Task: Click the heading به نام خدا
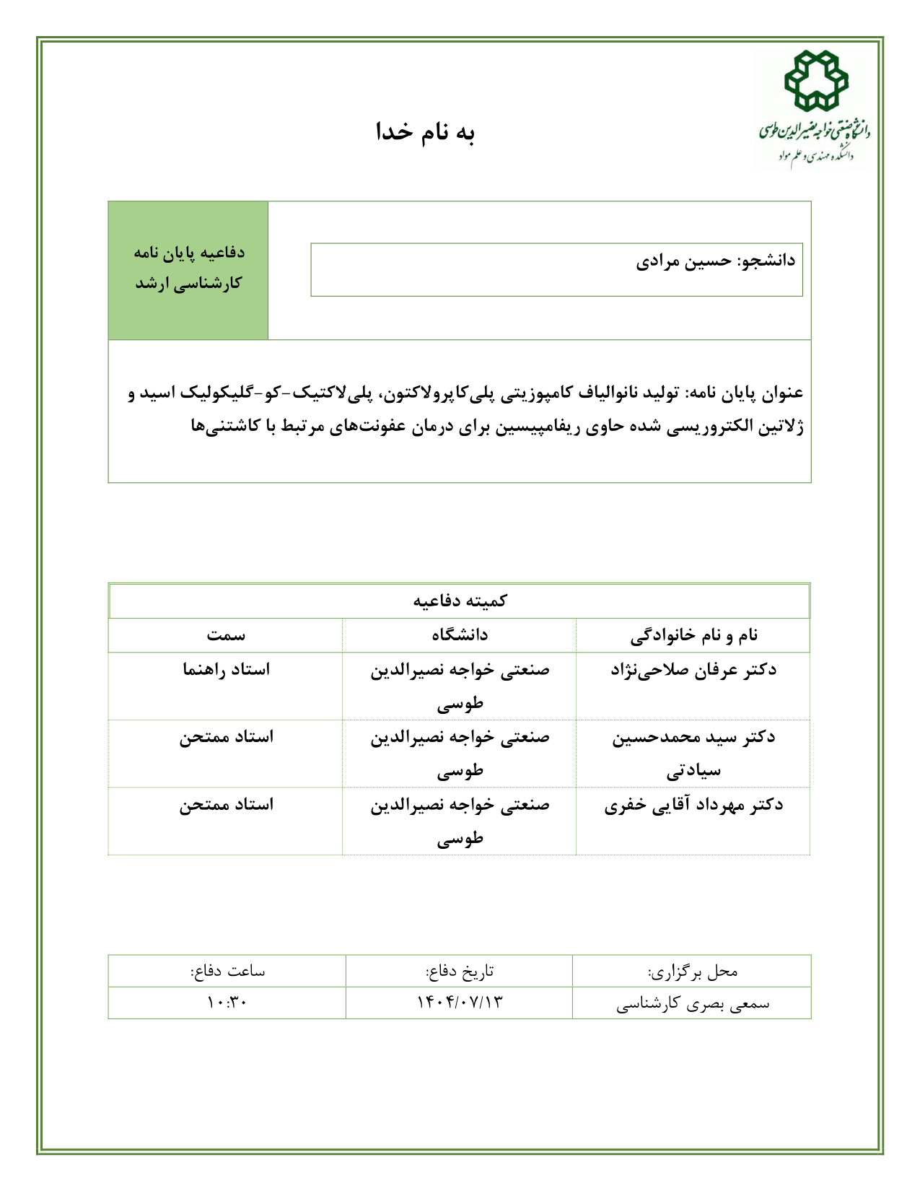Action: coord(425,132)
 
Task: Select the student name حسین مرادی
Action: coord(683,261)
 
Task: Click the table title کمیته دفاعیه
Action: coord(460,601)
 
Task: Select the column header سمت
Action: coord(226,635)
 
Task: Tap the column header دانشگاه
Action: coord(460,635)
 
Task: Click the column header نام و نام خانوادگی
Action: coord(693,635)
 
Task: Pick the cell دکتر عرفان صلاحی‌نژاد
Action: coord(693,670)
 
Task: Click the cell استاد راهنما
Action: coord(226,670)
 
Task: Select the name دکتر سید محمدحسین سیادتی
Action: coord(693,753)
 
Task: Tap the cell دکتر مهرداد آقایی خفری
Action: coord(693,805)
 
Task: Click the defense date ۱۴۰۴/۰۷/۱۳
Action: coord(460,1003)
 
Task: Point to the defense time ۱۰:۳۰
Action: coord(227,1003)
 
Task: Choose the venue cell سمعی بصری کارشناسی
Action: coord(693,1003)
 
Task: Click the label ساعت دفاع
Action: coord(227,971)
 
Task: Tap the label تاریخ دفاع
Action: coord(460,971)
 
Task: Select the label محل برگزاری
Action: coord(693,972)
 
